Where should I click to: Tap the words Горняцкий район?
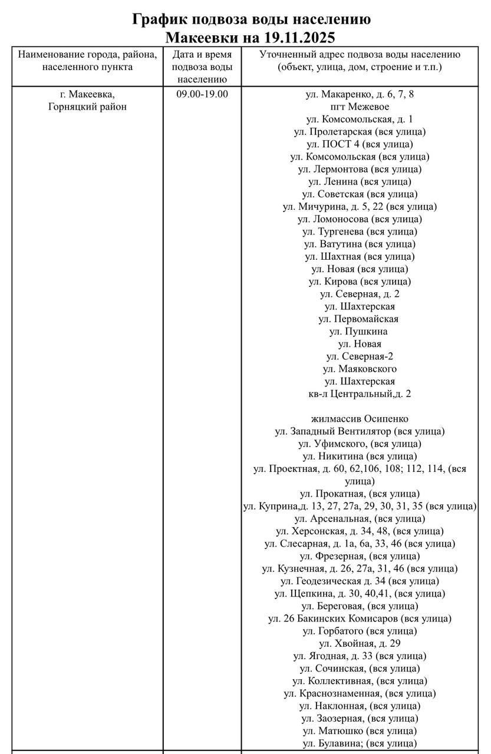point(87,107)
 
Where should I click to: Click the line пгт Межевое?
point(360,107)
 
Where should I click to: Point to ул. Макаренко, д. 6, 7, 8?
point(360,94)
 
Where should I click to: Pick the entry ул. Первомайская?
point(360,319)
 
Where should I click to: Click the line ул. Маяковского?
point(360,369)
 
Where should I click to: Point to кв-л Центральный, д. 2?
point(360,393)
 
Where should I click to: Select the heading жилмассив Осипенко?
point(360,419)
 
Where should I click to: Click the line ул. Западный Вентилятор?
point(360,431)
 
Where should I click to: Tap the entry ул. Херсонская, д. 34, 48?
point(360,531)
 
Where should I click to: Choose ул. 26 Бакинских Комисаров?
point(360,619)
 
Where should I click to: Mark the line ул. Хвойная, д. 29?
point(360,643)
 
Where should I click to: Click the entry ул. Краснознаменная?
point(360,693)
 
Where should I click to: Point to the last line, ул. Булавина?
point(360,743)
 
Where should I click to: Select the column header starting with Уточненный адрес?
point(360,61)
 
